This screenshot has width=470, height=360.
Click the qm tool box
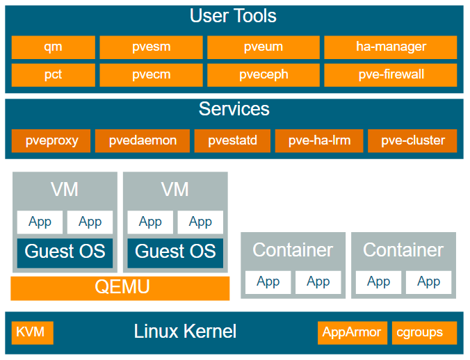point(54,47)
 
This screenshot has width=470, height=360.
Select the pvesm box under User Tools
point(151,47)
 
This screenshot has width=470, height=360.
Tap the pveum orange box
point(264,47)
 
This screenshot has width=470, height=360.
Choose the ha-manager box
point(391,47)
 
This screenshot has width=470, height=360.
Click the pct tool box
point(54,75)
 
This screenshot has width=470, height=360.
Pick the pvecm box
point(151,75)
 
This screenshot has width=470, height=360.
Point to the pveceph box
point(264,75)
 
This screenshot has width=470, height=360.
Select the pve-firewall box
point(391,75)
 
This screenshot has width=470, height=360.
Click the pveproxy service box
point(51,141)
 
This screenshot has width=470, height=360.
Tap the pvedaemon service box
point(143,141)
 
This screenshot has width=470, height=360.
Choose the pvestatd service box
point(232,141)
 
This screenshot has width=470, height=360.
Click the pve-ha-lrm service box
point(319,141)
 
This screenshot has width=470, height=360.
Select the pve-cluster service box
point(412,141)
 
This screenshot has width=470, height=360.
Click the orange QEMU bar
point(120,288)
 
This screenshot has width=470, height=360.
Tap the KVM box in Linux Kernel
point(33,333)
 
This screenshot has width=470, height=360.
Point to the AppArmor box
point(352,333)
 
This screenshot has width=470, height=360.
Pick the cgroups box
point(424,333)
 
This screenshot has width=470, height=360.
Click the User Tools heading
point(233,16)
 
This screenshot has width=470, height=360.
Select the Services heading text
point(234,108)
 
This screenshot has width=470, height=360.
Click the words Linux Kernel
point(185,332)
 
